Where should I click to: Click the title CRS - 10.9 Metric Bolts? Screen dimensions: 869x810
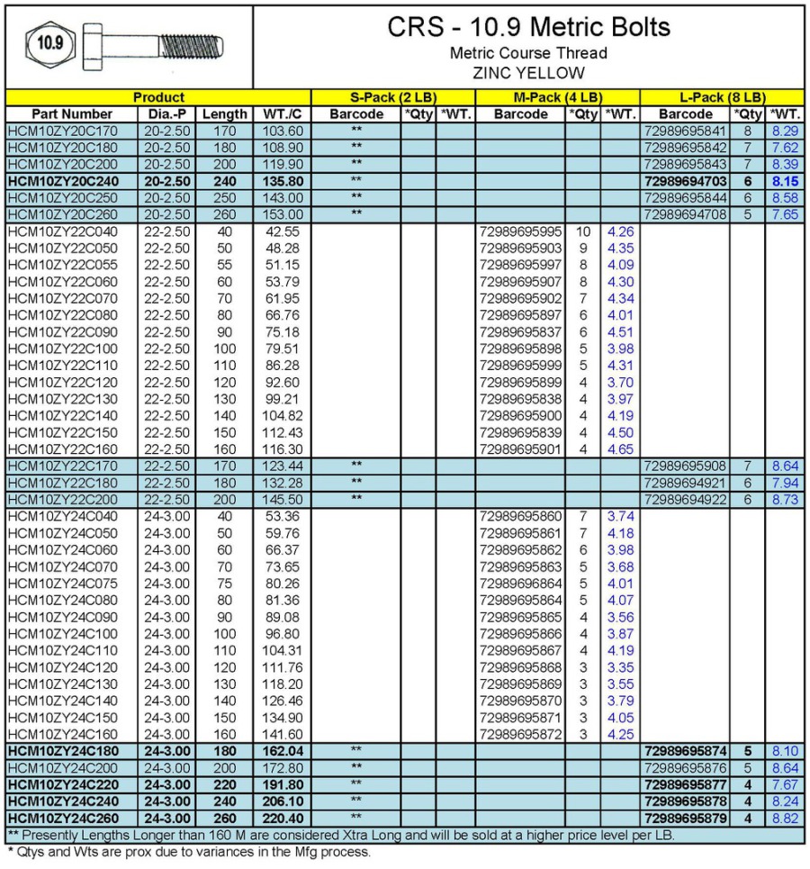click(528, 27)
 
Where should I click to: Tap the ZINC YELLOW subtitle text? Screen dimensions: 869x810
click(528, 74)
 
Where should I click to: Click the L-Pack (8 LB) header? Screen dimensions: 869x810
click(722, 97)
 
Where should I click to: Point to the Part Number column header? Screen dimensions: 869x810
click(71, 114)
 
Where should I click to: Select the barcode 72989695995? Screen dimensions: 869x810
click(521, 231)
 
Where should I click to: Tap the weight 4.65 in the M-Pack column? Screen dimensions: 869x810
click(620, 449)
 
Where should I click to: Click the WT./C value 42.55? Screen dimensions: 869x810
click(283, 231)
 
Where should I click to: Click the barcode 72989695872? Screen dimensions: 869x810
click(521, 734)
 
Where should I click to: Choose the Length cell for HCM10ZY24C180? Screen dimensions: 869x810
click(224, 751)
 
